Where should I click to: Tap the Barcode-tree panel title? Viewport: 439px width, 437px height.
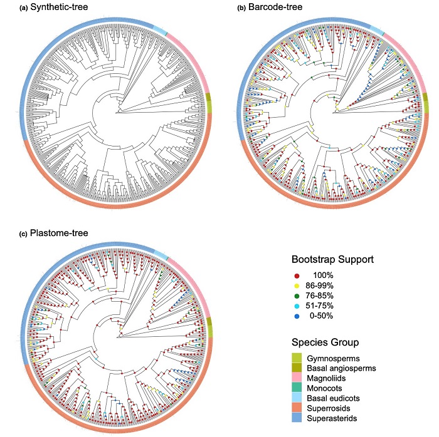(273, 8)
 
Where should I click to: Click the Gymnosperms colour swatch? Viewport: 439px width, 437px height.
(299, 359)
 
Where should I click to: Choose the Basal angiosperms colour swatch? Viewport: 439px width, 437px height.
(299, 369)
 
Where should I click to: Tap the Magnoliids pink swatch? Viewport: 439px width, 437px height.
(299, 379)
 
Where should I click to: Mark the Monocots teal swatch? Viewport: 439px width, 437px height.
(299, 389)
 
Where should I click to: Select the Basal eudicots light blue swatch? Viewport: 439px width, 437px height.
(299, 399)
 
